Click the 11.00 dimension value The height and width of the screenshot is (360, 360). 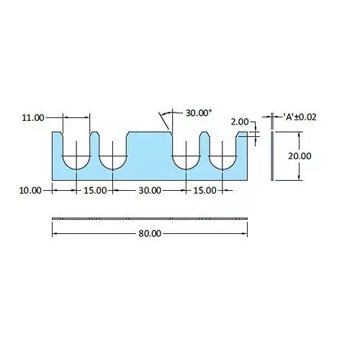pyautogui.click(x=34, y=116)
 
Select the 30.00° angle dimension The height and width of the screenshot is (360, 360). pyautogui.click(x=199, y=113)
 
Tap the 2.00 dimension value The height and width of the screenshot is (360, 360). pyautogui.click(x=240, y=122)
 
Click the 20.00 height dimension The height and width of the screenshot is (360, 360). pyautogui.click(x=300, y=156)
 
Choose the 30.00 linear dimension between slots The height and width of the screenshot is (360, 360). pyautogui.click(x=150, y=190)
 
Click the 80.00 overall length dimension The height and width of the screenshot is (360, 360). pyautogui.click(x=150, y=233)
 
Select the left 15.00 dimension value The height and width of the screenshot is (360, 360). pyautogui.click(x=95, y=190)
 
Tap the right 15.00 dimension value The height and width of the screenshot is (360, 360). pyautogui.click(x=204, y=190)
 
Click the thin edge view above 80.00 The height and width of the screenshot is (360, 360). pyautogui.click(x=150, y=217)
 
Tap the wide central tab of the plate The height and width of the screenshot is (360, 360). pyautogui.click(x=150, y=151)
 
